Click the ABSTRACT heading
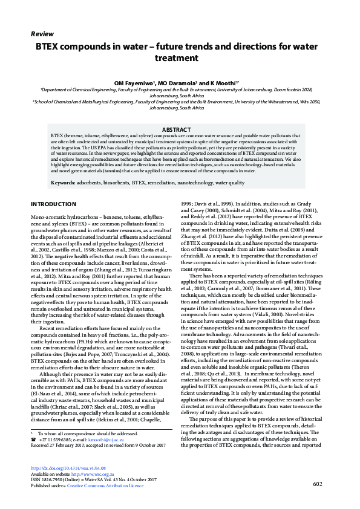[180, 130]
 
